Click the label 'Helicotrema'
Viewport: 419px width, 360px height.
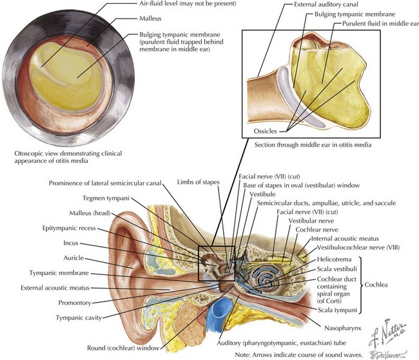pos(334,260)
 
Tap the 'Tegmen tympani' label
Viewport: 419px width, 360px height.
pos(106,198)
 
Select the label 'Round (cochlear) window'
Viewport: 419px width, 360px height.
pos(123,348)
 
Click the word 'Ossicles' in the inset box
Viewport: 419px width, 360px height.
pos(265,131)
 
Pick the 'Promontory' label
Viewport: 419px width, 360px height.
pos(75,303)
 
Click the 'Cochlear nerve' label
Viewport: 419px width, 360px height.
pos(317,230)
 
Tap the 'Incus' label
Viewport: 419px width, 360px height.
pos(71,243)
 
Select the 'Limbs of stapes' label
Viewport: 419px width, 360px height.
pos(199,182)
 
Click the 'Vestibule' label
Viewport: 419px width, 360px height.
pos(262,194)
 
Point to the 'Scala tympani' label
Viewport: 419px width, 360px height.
pos(337,310)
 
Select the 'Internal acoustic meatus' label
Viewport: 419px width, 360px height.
pos(345,238)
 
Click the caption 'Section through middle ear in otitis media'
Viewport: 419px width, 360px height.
pos(313,145)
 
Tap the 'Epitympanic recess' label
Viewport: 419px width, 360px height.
pos(69,229)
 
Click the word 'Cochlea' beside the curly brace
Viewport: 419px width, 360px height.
pos(376,285)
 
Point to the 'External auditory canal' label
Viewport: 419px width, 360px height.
pos(326,5)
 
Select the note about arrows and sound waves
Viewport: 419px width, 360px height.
pos(298,355)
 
